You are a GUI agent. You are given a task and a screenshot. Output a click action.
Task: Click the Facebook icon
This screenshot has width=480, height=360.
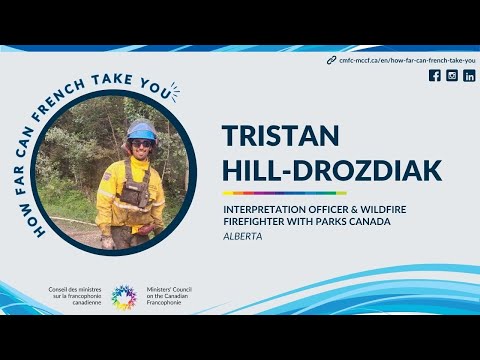434,76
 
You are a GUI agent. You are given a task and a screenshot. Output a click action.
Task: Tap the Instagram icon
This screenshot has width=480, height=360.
452,76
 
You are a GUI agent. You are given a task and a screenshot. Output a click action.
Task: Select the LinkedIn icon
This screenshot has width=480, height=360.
469,76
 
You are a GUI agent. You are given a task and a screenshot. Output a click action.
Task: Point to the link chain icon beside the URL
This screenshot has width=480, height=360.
331,60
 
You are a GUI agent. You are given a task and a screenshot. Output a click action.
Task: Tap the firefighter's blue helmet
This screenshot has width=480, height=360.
141,130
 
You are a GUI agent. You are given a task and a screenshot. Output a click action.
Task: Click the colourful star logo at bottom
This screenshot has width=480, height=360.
124,297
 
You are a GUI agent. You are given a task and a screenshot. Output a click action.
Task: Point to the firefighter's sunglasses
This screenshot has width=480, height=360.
141,143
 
